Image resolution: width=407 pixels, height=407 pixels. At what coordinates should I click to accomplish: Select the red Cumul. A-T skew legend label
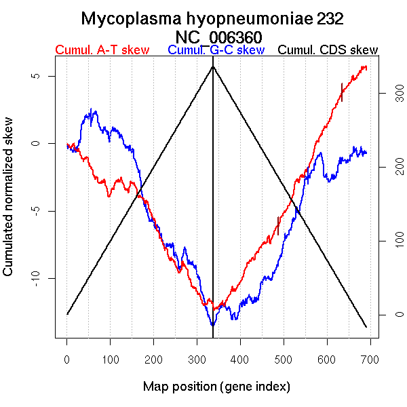pyautogui.click(x=102, y=50)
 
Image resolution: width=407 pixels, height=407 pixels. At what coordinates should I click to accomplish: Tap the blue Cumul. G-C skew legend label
pyautogui.click(x=216, y=50)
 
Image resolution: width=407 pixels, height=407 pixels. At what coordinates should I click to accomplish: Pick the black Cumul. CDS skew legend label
pyautogui.click(x=328, y=50)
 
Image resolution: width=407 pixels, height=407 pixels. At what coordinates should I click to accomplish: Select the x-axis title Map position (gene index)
pyautogui.click(x=216, y=387)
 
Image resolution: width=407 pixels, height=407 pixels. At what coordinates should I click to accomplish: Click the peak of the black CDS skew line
pyautogui.click(x=213, y=66)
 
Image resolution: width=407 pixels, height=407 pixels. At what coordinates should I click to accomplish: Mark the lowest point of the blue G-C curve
pyautogui.click(x=213, y=326)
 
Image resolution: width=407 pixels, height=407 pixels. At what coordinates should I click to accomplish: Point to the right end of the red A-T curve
pyautogui.click(x=366, y=67)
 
